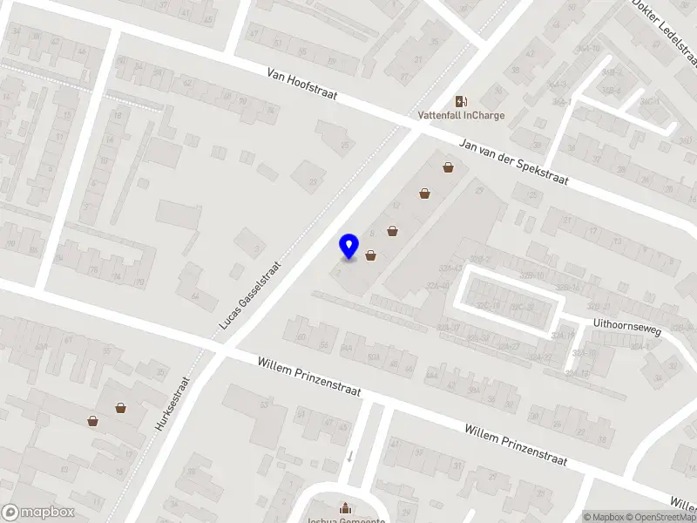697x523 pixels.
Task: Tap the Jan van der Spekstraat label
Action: [x=514, y=163]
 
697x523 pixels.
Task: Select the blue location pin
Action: [x=348, y=247]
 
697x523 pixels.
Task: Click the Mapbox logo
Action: [x=37, y=513]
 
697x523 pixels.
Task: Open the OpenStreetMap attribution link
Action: [x=660, y=517]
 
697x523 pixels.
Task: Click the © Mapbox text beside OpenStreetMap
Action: [x=604, y=517]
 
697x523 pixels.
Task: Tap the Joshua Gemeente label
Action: [x=346, y=520]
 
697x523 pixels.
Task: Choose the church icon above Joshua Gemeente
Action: [x=346, y=507]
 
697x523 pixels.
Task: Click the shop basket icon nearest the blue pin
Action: [x=372, y=255]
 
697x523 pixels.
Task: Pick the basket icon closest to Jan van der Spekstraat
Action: [x=448, y=167]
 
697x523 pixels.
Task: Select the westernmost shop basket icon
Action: [x=92, y=421]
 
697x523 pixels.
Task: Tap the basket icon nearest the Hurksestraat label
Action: [x=120, y=407]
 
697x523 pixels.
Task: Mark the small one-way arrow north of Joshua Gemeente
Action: [x=349, y=456]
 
